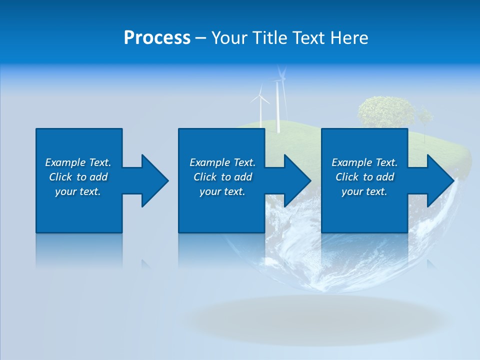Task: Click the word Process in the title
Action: tap(157, 38)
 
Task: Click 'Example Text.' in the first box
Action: tap(78, 162)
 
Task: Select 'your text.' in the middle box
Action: tap(222, 191)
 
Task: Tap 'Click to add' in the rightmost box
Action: tap(364, 177)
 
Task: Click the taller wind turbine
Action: tap(278, 100)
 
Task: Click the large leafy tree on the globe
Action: tap(385, 112)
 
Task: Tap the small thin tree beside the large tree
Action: tap(424, 120)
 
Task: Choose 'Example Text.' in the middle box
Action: tap(222, 162)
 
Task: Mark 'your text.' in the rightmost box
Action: tap(364, 191)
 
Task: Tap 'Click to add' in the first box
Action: tap(78, 177)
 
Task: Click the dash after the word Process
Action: tap(200, 38)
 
